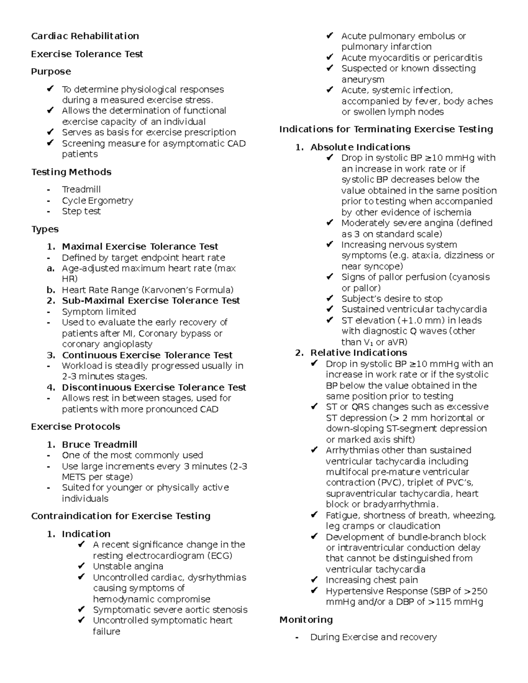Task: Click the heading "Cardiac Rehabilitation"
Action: [85, 36]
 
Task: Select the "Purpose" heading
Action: [51, 72]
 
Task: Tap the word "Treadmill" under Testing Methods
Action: [81, 190]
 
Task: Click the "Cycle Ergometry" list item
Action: [97, 201]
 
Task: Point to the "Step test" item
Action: [81, 211]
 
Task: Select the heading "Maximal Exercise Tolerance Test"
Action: [140, 247]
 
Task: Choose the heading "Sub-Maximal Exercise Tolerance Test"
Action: [150, 301]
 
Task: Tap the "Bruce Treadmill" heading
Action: [99, 445]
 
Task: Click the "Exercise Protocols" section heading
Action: [75, 427]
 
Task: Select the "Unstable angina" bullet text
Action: [128, 566]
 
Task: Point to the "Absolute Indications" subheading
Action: [360, 147]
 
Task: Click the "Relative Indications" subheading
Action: [358, 353]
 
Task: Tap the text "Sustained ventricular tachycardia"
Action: [414, 310]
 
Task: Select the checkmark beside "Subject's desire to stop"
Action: [330, 299]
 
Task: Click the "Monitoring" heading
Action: [306, 620]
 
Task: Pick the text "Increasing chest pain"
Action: [371, 580]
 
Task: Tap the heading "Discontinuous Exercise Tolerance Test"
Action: [154, 387]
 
